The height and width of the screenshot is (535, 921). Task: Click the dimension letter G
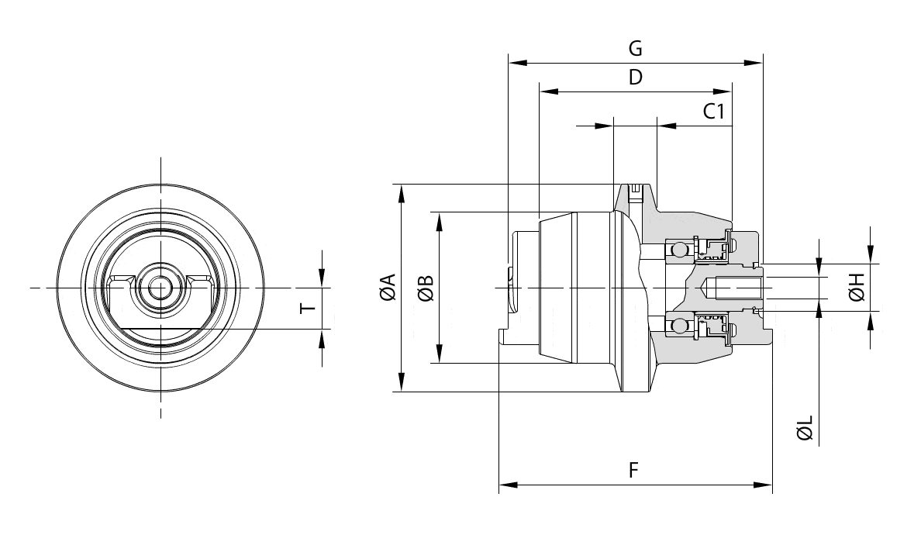(635, 49)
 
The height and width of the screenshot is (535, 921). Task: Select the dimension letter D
(635, 78)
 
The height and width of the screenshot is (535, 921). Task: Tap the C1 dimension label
(714, 112)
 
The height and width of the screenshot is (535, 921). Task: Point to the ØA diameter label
(387, 288)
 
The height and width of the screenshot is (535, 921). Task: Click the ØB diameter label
(425, 288)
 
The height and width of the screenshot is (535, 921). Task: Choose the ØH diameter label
(856, 288)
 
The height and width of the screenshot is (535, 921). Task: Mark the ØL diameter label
(805, 427)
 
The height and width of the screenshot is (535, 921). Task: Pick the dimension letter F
(634, 471)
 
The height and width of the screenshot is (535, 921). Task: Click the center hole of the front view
(160, 288)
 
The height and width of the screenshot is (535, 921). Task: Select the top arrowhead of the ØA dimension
(401, 192)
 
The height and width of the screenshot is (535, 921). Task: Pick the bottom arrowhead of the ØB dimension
(439, 356)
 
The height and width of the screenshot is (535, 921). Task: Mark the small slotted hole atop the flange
(636, 188)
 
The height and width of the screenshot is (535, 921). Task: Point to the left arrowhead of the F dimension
(508, 485)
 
